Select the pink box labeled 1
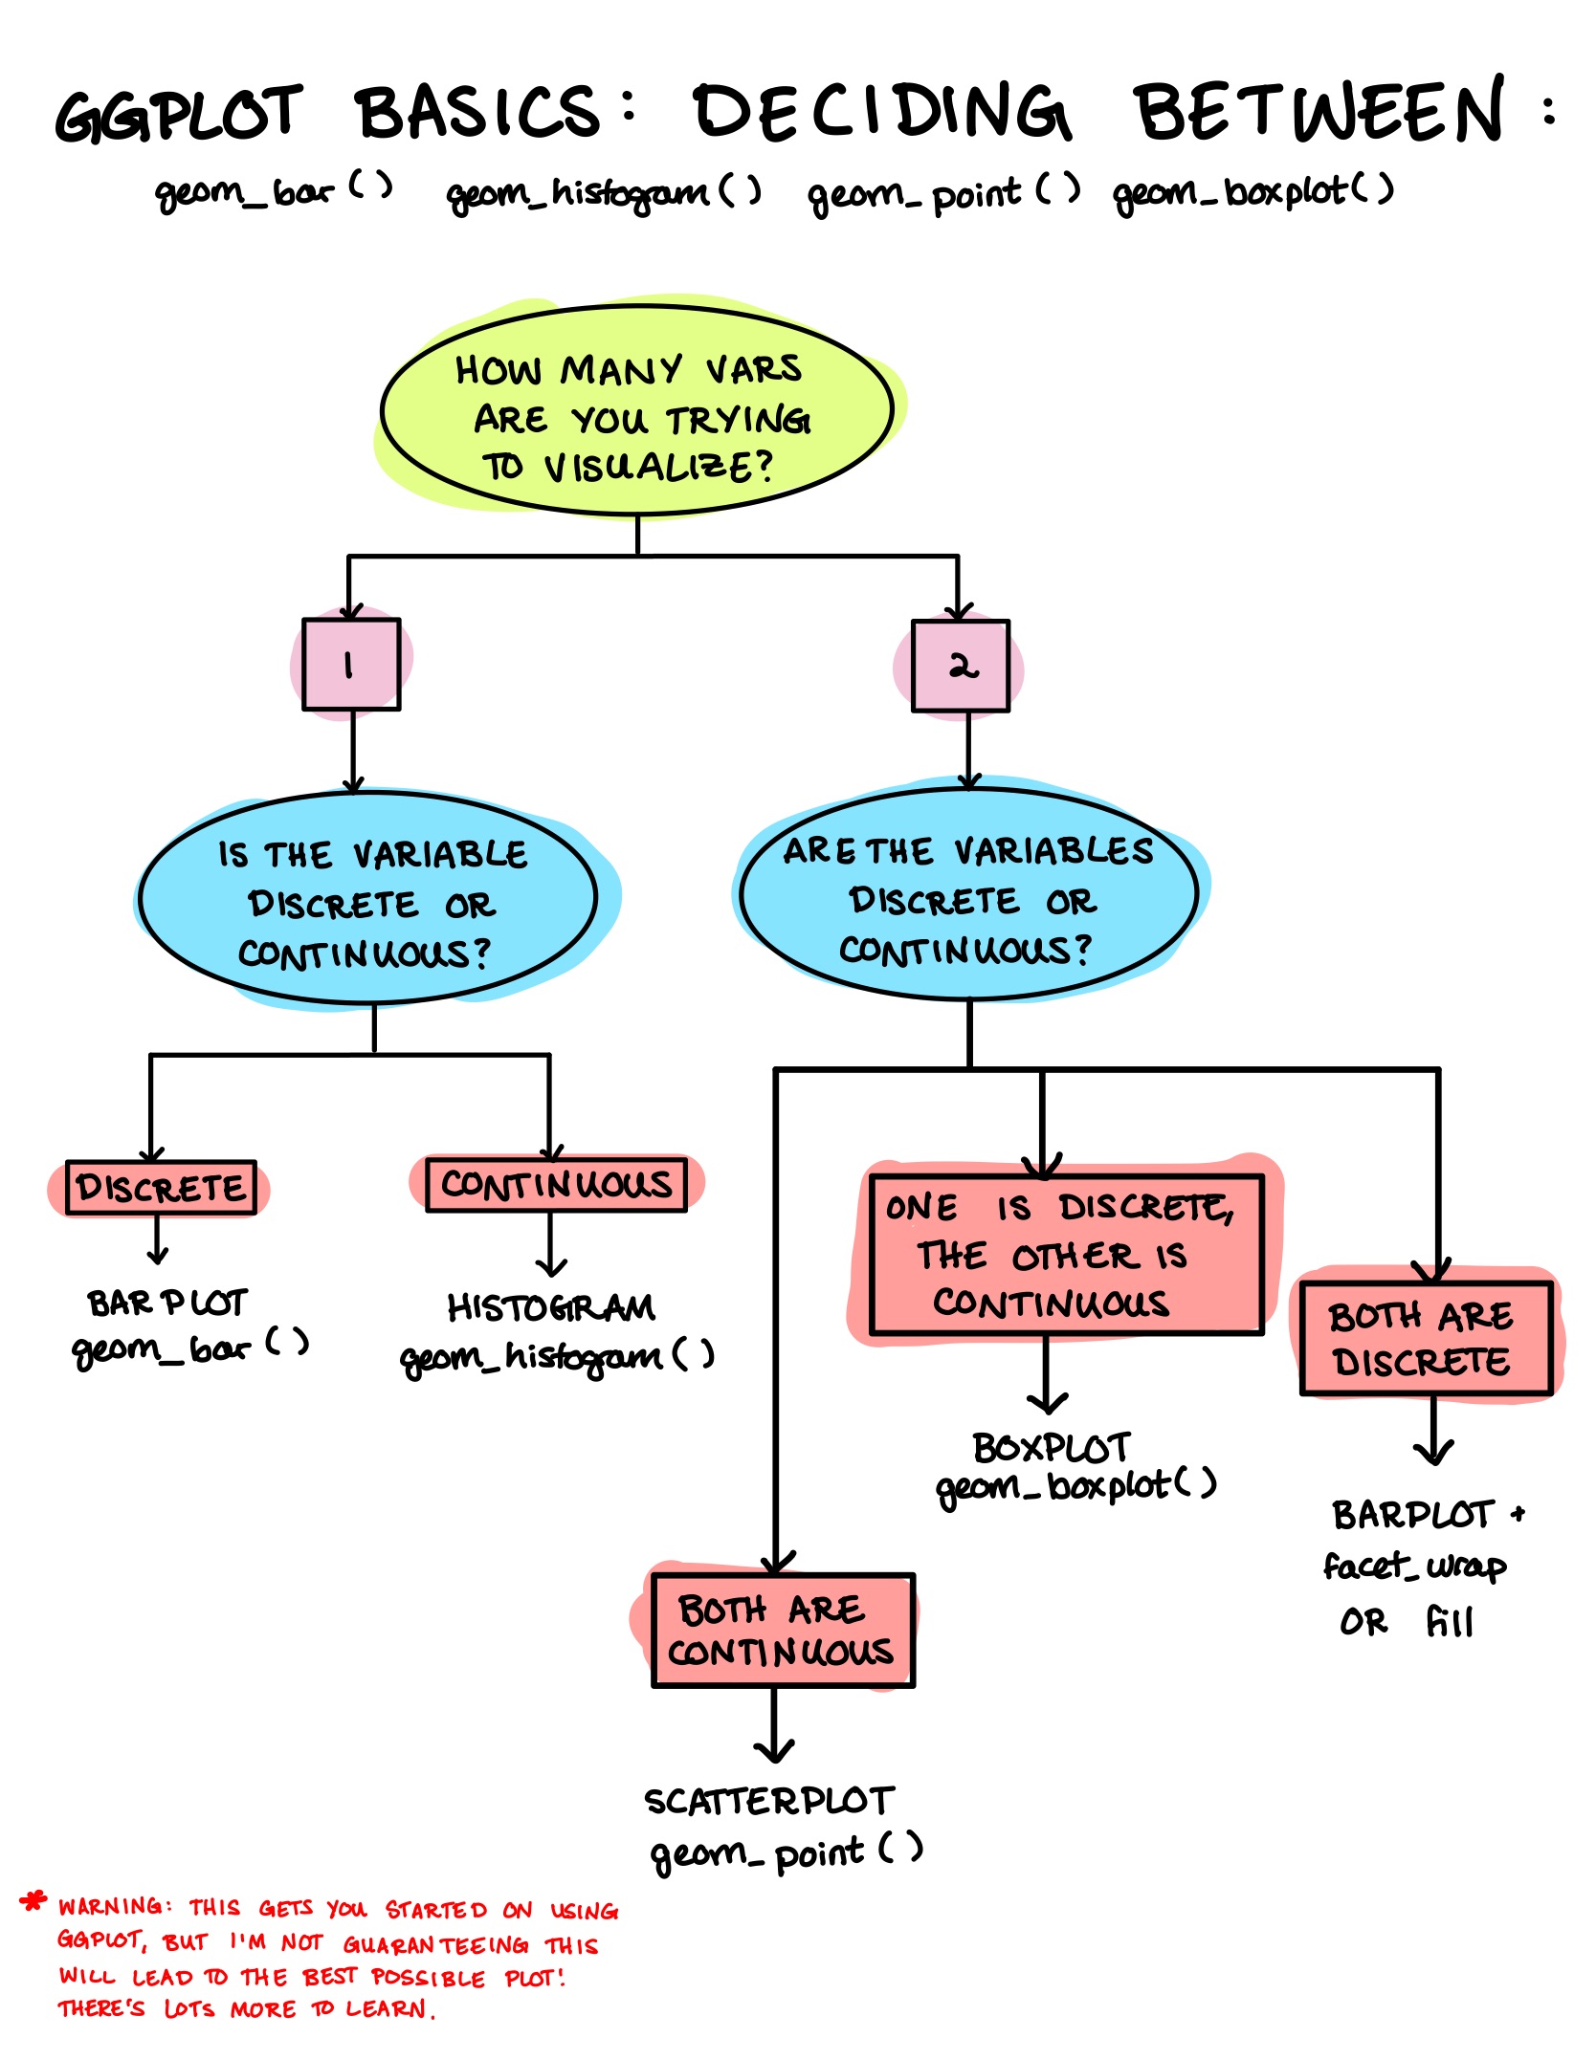pyautogui.click(x=351, y=665)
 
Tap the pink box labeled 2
pyautogui.click(x=961, y=666)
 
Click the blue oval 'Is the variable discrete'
pyautogui.click(x=368, y=899)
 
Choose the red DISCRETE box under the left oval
pyautogui.click(x=161, y=1188)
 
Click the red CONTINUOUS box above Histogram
pyautogui.click(x=556, y=1185)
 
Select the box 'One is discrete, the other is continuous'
pyautogui.click(x=1066, y=1255)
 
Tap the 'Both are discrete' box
pyautogui.click(x=1426, y=1339)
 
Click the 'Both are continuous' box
pyautogui.click(x=783, y=1631)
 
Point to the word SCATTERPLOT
pyautogui.click(x=769, y=1802)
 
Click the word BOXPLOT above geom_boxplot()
pyautogui.click(x=1052, y=1448)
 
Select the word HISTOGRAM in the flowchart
pyautogui.click(x=551, y=1307)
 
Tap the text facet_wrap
pyautogui.click(x=1414, y=1567)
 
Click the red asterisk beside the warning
pyautogui.click(x=33, y=1901)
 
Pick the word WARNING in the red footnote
pyautogui.click(x=111, y=1906)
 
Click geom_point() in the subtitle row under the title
pyautogui.click(x=943, y=194)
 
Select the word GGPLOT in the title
pyautogui.click(x=179, y=114)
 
